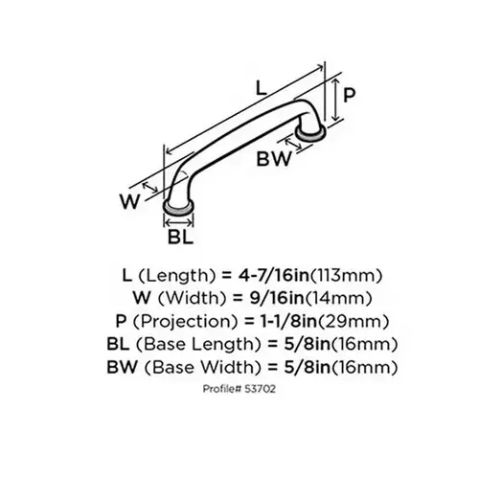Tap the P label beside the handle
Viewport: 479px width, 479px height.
(350, 96)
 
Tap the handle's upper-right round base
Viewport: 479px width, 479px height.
(309, 129)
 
